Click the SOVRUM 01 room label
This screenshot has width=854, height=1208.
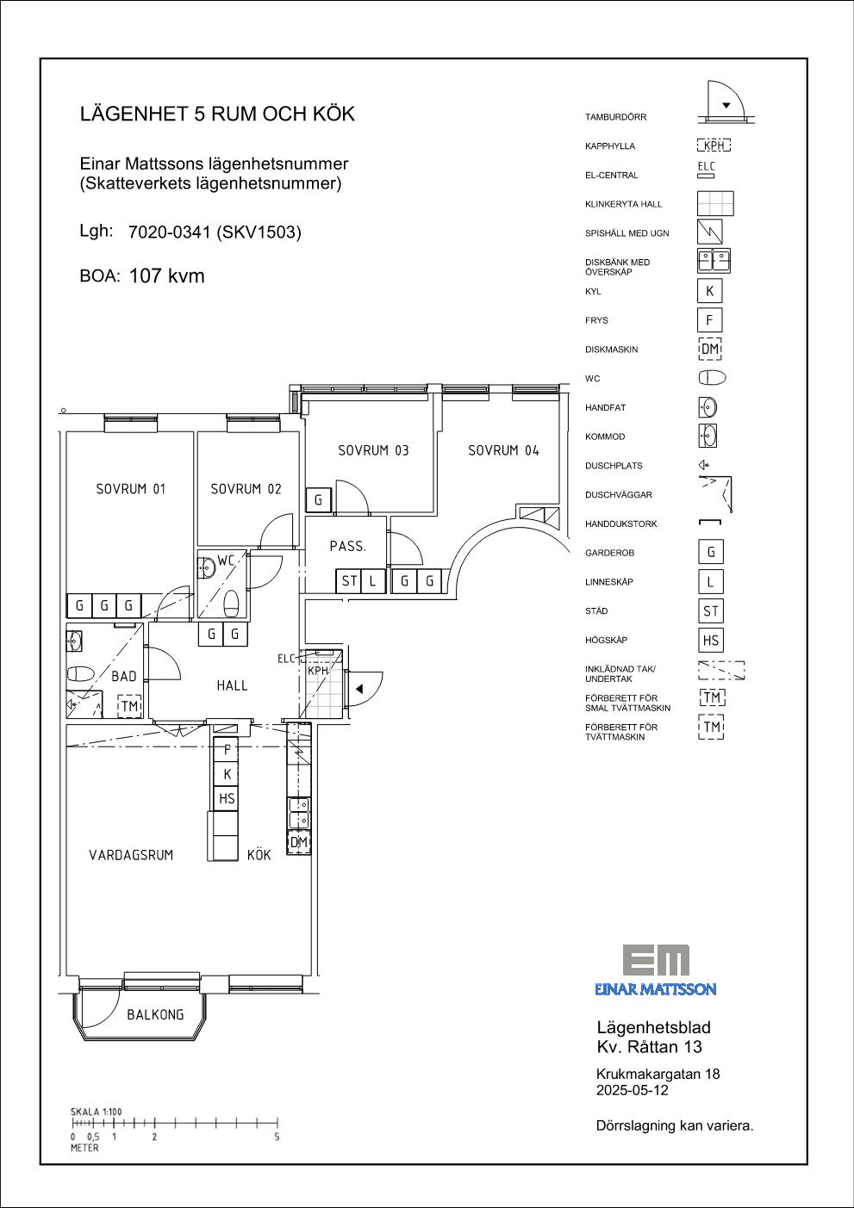pyautogui.click(x=131, y=489)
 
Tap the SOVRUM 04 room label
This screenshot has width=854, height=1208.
pyautogui.click(x=503, y=450)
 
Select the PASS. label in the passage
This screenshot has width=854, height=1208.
pyautogui.click(x=347, y=546)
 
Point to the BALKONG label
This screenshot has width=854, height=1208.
pyautogui.click(x=155, y=1014)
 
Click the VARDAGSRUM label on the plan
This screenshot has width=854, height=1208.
pyautogui.click(x=131, y=855)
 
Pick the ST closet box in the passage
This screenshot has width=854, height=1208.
pyautogui.click(x=349, y=581)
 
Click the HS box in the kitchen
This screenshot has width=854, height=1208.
pyautogui.click(x=227, y=798)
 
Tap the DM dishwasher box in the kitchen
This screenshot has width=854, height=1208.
pyautogui.click(x=298, y=842)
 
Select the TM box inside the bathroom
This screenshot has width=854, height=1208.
pyautogui.click(x=129, y=705)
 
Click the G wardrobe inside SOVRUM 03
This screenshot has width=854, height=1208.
pyautogui.click(x=318, y=500)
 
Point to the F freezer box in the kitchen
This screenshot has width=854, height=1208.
pyautogui.click(x=227, y=750)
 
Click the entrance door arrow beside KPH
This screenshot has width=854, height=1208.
pyautogui.click(x=359, y=689)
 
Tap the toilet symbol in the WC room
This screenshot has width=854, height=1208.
pyautogui.click(x=232, y=603)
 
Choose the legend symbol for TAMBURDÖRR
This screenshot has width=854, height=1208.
pyautogui.click(x=726, y=102)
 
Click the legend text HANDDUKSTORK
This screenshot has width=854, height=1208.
pyautogui.click(x=620, y=523)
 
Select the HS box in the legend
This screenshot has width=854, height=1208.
pyautogui.click(x=710, y=640)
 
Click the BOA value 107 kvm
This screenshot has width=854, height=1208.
pyautogui.click(x=167, y=276)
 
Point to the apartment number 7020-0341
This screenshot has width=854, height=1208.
pyautogui.click(x=169, y=232)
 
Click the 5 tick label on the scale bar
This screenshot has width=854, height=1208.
pyautogui.click(x=277, y=1137)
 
